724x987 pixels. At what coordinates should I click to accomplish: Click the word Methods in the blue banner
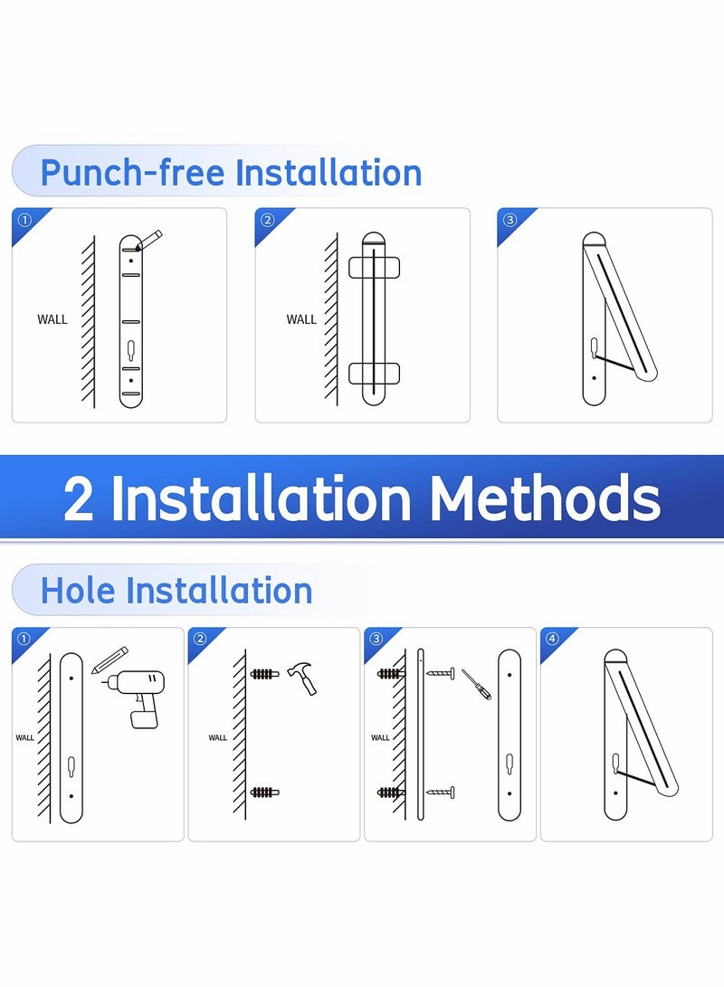(545, 498)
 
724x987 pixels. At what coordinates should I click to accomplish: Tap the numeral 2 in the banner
(79, 498)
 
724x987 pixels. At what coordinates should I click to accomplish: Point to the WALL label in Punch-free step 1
(52, 319)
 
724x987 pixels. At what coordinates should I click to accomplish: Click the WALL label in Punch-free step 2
(301, 319)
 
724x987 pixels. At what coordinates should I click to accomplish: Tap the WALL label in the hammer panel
(218, 737)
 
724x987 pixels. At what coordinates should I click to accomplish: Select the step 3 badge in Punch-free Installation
(510, 220)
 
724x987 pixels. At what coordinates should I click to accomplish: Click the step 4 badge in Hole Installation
(552, 639)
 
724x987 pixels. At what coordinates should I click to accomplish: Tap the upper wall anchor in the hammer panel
(262, 674)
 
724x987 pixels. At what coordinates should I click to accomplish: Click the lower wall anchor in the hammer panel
(262, 792)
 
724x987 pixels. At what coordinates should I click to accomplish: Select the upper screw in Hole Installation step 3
(439, 674)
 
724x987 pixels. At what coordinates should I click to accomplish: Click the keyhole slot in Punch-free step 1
(132, 347)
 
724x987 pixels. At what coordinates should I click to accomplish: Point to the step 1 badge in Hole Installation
(23, 639)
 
